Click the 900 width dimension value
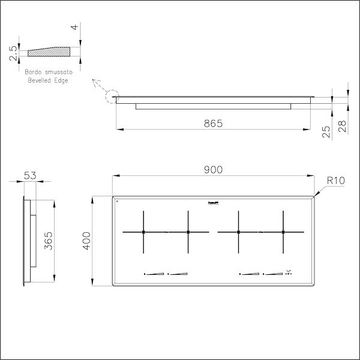[x=213, y=170]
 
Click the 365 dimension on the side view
[x=49, y=242]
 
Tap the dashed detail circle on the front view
[x=112, y=96]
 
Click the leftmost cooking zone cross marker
[x=143, y=232]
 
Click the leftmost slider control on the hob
[x=154, y=275]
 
